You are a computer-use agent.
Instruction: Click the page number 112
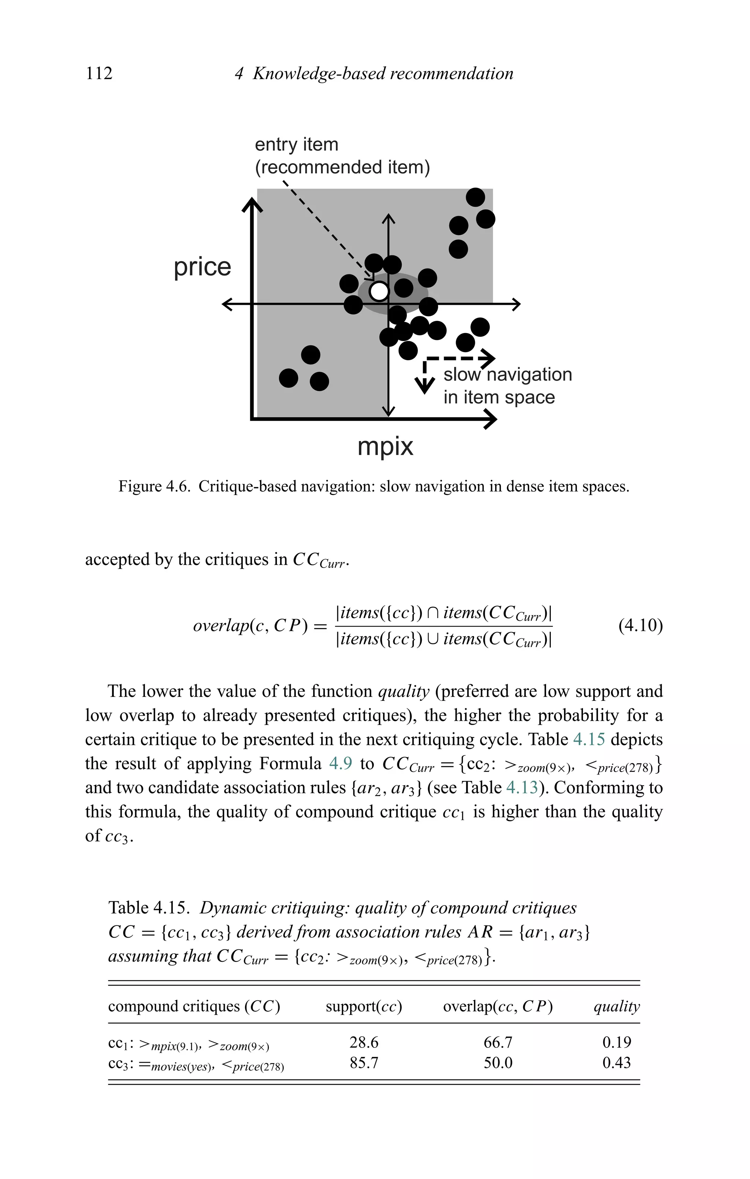tap(99, 73)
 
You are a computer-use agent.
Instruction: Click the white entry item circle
tap(378, 291)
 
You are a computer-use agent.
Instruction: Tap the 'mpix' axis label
tap(385, 446)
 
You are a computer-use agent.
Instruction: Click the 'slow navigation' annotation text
tap(508, 374)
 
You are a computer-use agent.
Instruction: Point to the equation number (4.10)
tap(641, 626)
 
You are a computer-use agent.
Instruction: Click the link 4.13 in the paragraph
tap(521, 787)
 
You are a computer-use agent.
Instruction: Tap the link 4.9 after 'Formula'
tap(340, 763)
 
